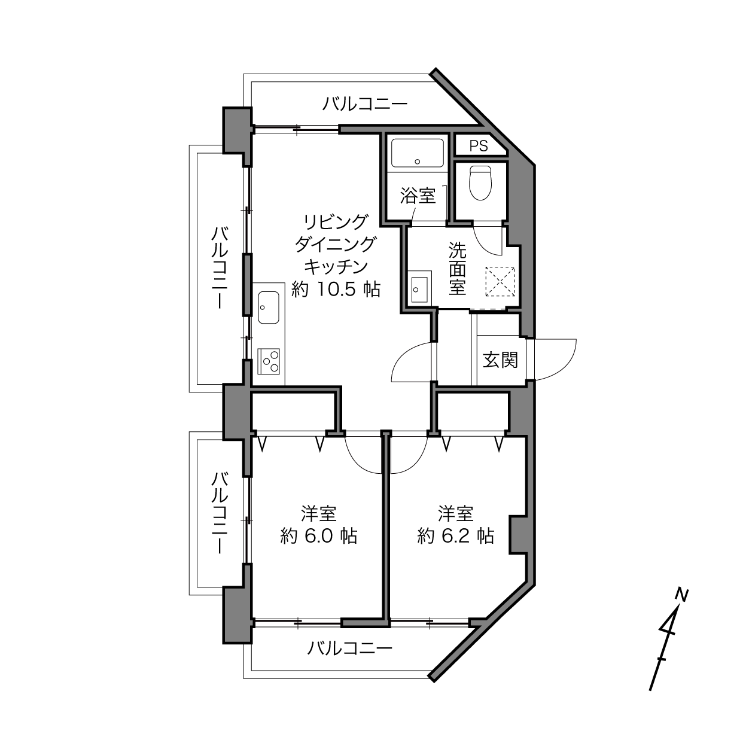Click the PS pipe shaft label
point(479,146)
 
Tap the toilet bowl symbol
point(481,183)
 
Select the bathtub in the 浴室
point(418,153)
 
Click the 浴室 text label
point(418,196)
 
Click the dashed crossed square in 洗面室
point(500,281)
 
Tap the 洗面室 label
point(458,269)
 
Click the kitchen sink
point(269,307)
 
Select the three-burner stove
point(269,361)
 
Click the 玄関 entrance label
point(501,360)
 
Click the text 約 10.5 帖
point(336,289)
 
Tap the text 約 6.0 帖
point(319,537)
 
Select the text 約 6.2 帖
point(455,537)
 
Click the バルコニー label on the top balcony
point(365,104)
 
